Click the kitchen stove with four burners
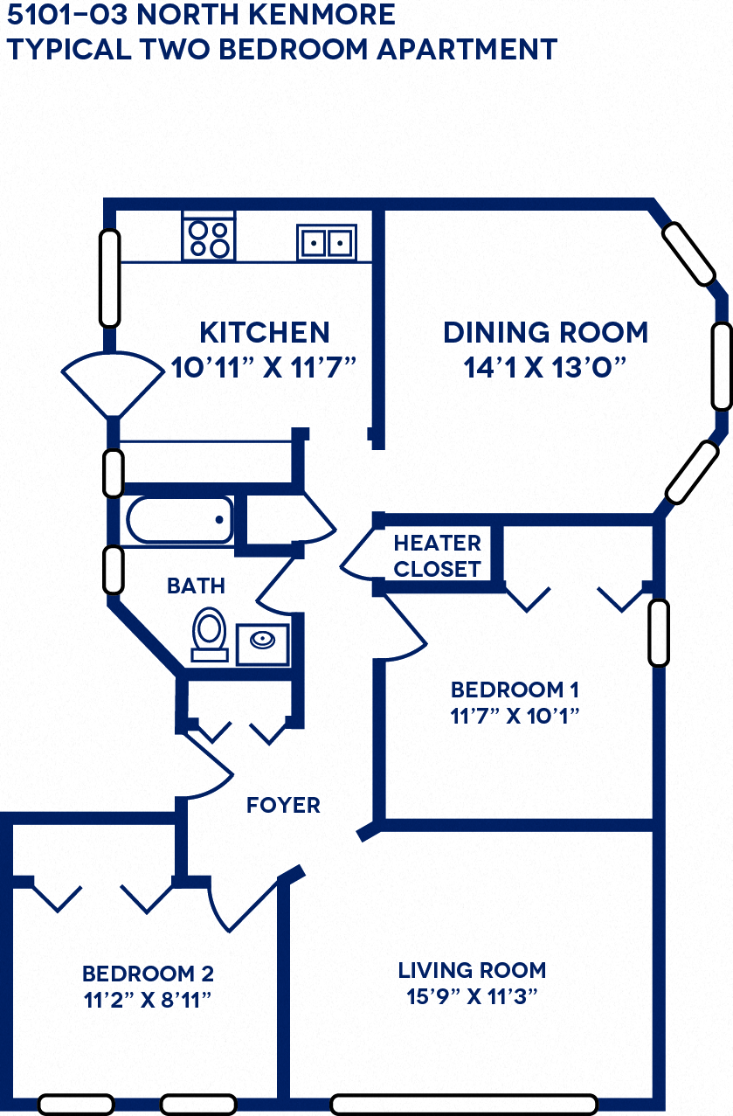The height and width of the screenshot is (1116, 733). click(x=209, y=238)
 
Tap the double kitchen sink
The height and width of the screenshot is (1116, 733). click(x=326, y=241)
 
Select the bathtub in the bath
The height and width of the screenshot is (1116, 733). click(x=180, y=521)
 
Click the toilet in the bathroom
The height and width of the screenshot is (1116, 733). click(x=210, y=633)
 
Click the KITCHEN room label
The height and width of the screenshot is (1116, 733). click(x=265, y=333)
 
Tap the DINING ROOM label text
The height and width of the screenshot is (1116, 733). click(x=545, y=333)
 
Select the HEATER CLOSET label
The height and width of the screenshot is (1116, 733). click(x=437, y=556)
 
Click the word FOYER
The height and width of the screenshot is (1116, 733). click(x=283, y=805)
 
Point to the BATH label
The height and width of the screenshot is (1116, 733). click(x=196, y=586)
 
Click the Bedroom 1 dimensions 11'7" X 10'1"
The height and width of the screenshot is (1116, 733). click(x=515, y=716)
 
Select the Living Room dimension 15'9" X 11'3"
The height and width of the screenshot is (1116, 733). click(x=472, y=996)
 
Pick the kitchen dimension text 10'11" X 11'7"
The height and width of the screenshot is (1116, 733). click(x=265, y=366)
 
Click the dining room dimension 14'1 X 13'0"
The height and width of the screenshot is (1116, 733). click(x=545, y=366)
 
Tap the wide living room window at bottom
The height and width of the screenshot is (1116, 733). click(x=463, y=1105)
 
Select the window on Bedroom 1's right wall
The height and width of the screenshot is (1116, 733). click(x=659, y=632)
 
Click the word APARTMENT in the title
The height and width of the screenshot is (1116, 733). click(x=467, y=50)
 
